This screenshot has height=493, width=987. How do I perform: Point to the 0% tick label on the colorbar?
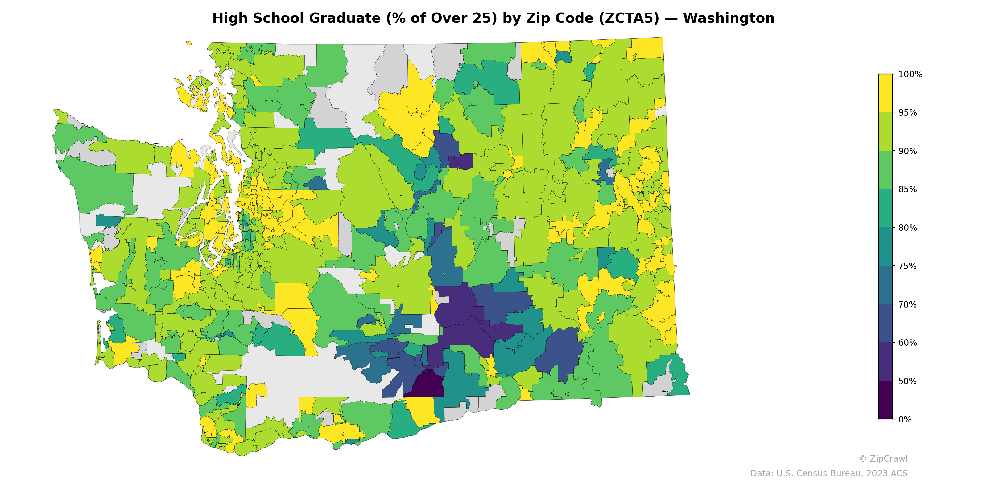905,419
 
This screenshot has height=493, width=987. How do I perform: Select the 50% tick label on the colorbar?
907,381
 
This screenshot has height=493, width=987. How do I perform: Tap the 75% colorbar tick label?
907,266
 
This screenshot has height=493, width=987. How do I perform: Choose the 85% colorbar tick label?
907,189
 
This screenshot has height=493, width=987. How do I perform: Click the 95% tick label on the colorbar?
907,112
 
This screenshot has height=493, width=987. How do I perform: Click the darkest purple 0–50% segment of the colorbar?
885,400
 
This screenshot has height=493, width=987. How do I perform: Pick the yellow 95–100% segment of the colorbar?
885,93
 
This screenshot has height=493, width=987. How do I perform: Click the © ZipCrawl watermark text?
883,458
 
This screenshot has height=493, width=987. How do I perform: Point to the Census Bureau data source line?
829,474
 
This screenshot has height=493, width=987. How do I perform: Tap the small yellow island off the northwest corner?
189,43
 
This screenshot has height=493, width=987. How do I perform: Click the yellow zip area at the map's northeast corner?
647,48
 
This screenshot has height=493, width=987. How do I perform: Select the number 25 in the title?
483,18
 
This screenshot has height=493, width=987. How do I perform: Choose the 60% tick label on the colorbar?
907,343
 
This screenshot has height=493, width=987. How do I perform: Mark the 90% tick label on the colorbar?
907,151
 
